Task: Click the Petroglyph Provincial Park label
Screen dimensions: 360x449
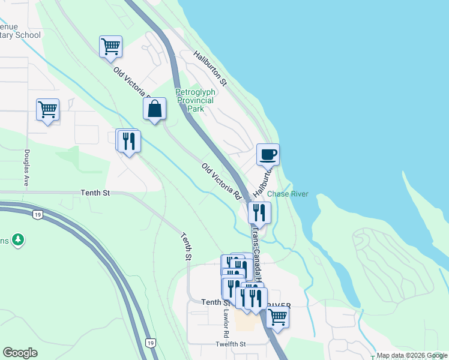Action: [194, 100]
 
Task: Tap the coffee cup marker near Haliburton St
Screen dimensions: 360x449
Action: [268, 154]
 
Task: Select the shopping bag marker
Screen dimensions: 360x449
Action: [154, 109]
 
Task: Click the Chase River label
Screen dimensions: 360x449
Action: [287, 194]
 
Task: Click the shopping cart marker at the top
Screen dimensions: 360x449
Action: [110, 46]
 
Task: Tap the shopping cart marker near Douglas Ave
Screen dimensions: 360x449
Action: [47, 110]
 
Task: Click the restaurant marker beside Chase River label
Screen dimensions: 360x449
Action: [259, 212]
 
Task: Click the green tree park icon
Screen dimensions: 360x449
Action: [19, 240]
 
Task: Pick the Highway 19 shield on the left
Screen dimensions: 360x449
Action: [37, 214]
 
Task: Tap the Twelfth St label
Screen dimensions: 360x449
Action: [231, 344]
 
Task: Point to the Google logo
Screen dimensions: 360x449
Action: [20, 353]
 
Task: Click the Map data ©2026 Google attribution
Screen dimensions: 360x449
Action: [412, 355]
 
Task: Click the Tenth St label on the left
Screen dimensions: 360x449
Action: [96, 193]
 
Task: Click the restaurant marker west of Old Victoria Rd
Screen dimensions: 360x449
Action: [129, 141]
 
